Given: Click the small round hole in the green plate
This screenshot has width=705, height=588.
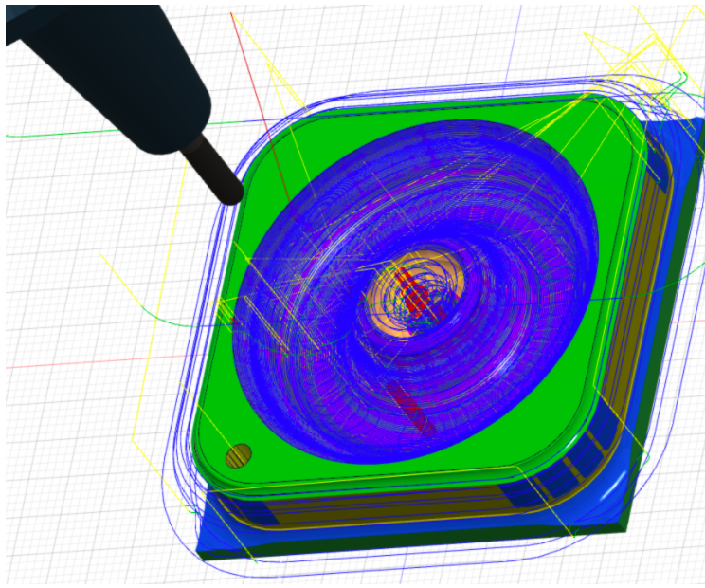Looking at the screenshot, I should [x=239, y=456].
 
